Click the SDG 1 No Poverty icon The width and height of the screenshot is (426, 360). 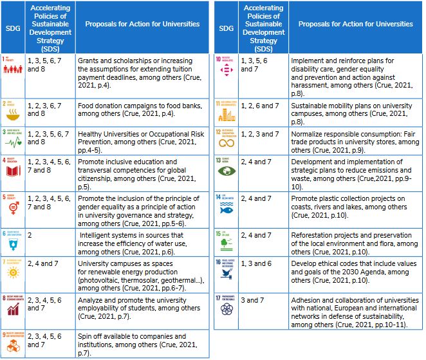[x=13, y=66]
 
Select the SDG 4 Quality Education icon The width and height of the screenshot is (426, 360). [x=13, y=167]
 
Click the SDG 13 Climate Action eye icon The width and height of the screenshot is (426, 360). [x=227, y=171]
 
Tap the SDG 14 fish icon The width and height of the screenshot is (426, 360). [x=227, y=207]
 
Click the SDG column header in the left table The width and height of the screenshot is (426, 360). [x=13, y=28]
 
